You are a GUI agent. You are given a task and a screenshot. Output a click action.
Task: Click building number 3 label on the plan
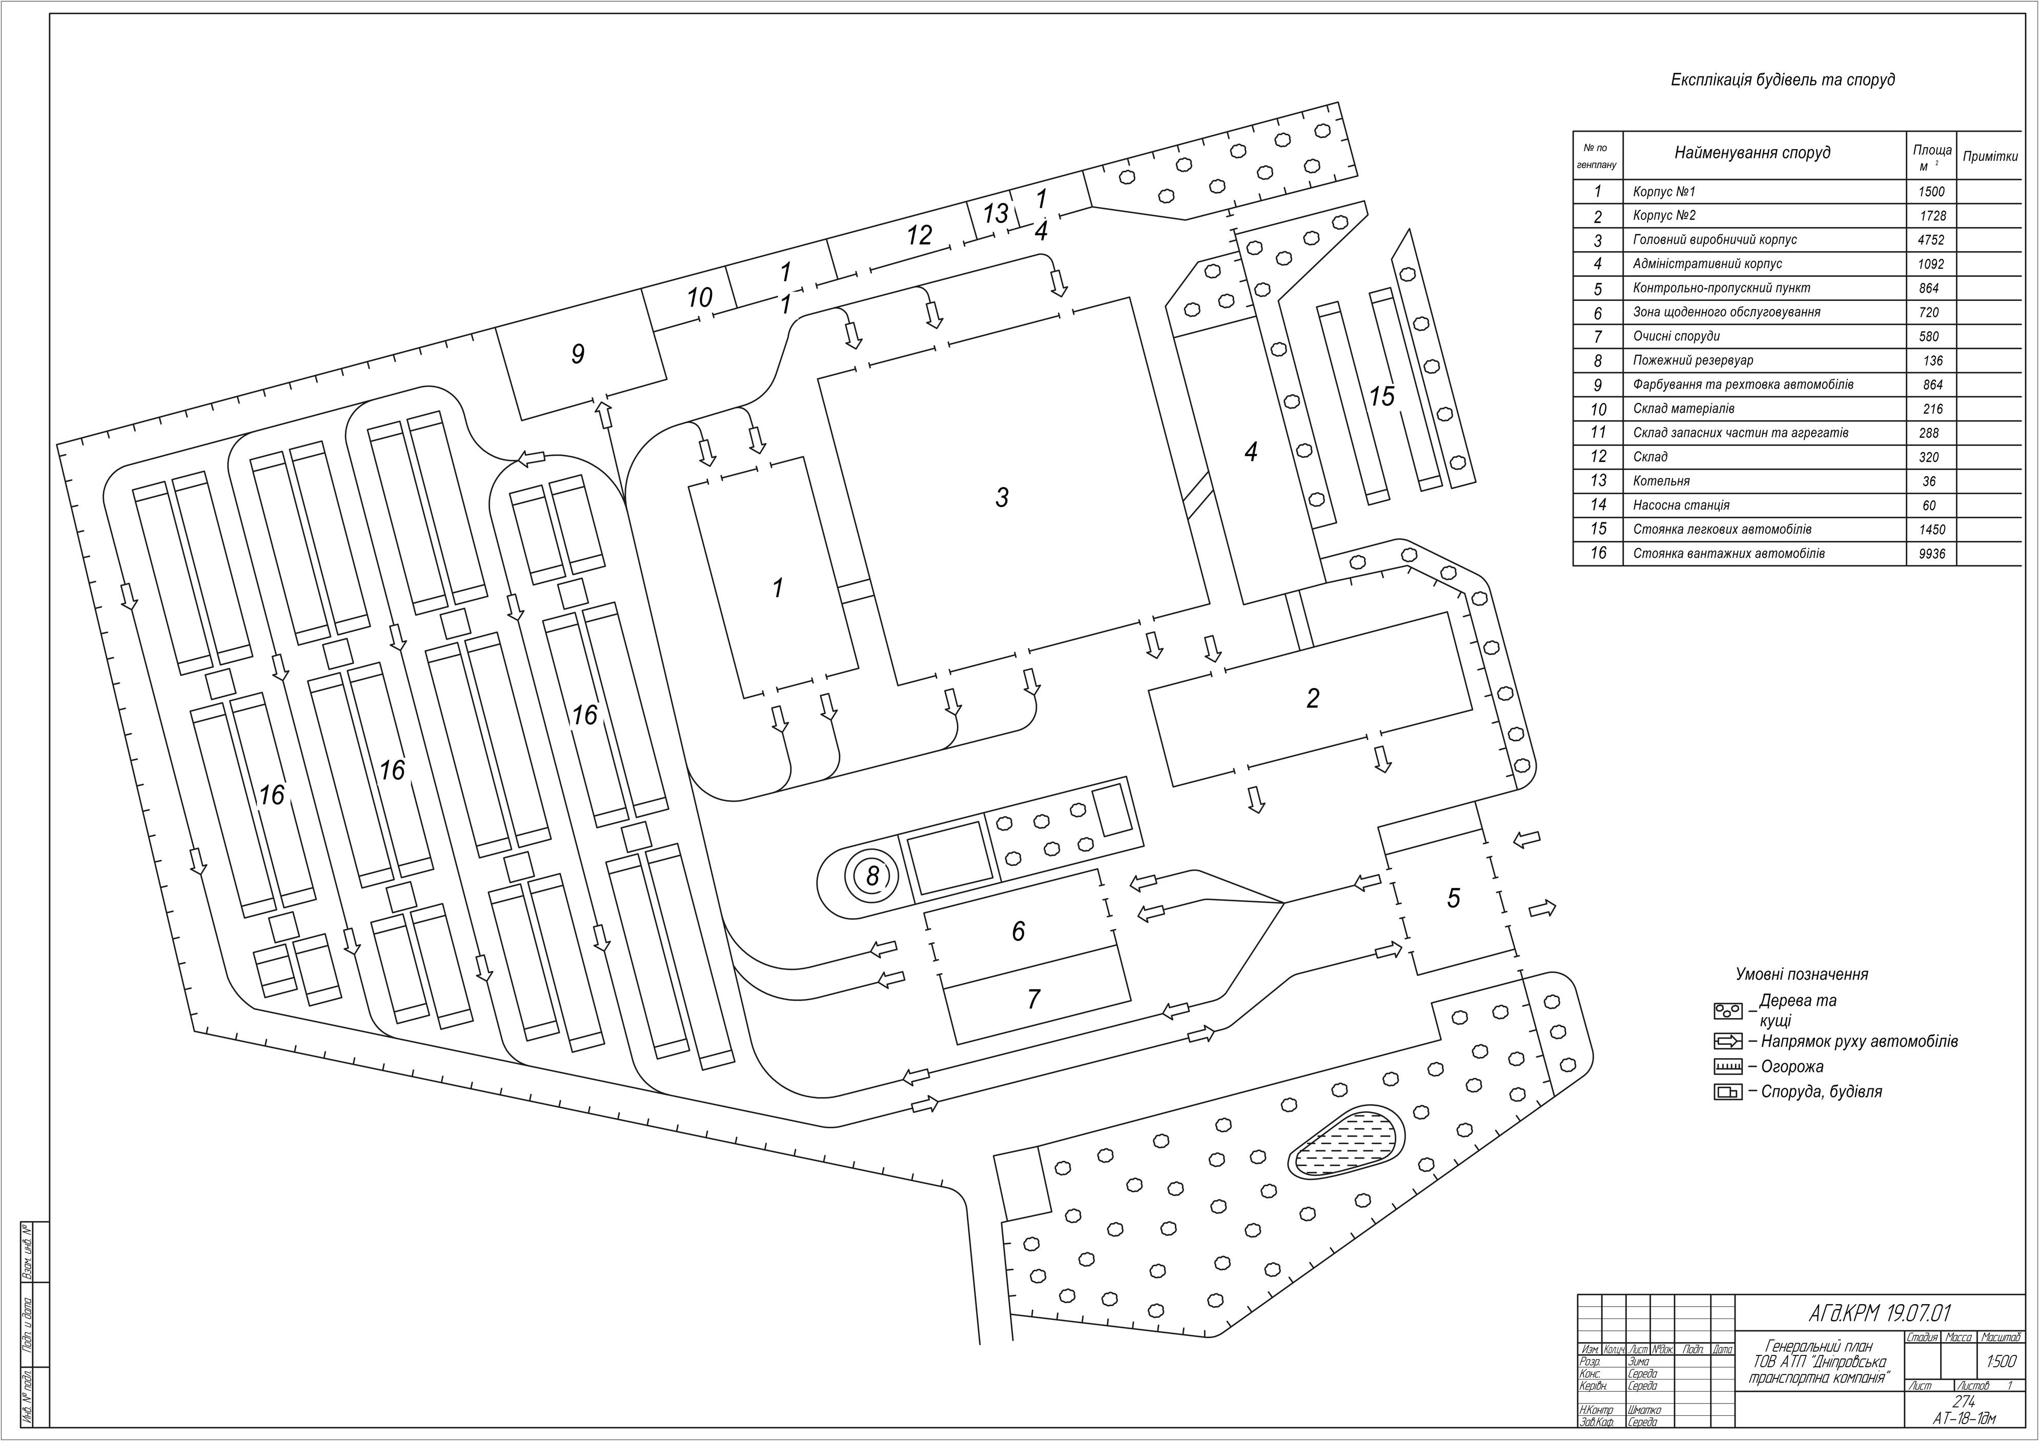1002,498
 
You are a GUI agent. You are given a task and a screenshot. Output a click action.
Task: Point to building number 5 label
1453,898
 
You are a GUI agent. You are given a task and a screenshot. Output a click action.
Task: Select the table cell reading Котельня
1661,481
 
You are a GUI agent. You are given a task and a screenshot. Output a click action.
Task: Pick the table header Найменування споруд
1752,153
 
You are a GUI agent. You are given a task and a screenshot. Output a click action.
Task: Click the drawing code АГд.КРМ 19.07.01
1878,1313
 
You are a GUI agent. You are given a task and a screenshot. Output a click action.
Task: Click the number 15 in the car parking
1382,396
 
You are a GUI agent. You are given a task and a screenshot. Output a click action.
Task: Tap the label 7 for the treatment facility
1033,1000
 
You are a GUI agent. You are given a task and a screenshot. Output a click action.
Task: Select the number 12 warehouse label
919,235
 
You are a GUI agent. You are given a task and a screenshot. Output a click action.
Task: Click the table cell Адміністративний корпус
1707,264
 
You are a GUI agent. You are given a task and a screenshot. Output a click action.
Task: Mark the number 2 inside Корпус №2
1313,698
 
